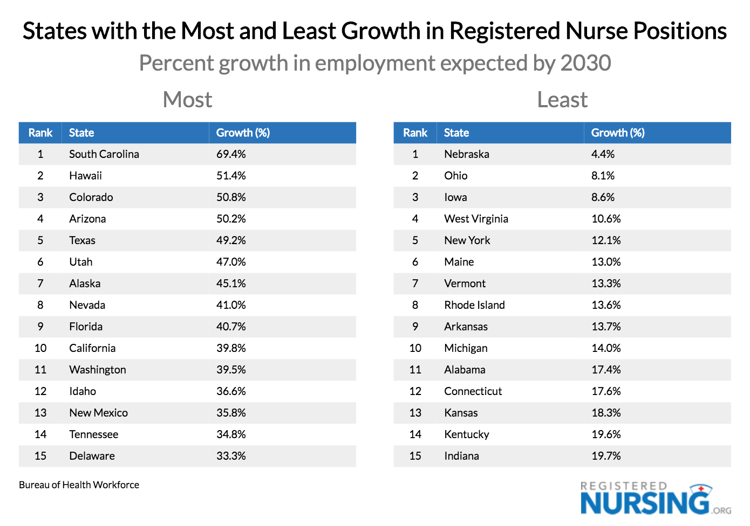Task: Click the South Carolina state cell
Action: click(x=104, y=154)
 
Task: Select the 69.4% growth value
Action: click(x=231, y=154)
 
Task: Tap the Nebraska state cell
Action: click(x=467, y=154)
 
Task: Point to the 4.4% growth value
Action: click(x=603, y=154)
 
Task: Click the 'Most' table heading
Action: click(x=187, y=100)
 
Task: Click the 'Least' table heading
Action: click(x=562, y=100)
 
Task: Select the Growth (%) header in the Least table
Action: click(x=618, y=133)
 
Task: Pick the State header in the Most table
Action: click(x=81, y=133)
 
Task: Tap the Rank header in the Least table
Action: click(x=415, y=133)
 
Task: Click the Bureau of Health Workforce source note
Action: click(x=79, y=485)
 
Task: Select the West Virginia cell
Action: click(x=476, y=219)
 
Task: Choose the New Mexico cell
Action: click(x=98, y=413)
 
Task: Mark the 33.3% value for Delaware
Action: click(x=231, y=456)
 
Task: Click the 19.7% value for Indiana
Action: click(x=606, y=456)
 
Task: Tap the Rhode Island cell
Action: click(x=474, y=305)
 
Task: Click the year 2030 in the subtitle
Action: click(x=585, y=63)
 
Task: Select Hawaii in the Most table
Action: click(x=85, y=176)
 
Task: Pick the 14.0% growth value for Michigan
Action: click(x=606, y=348)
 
